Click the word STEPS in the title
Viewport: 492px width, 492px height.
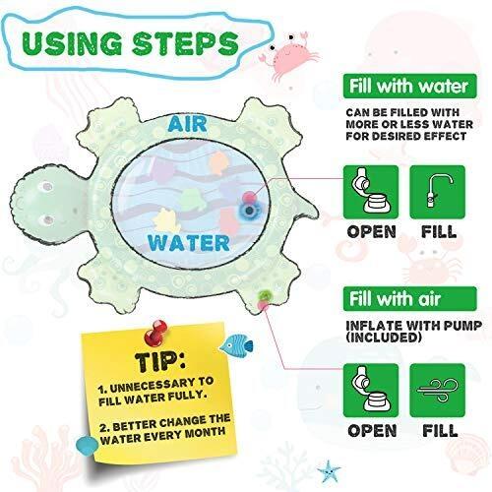click(x=185, y=43)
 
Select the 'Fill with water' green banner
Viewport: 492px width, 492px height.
click(x=409, y=86)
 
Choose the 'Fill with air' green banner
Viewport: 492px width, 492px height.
click(x=409, y=298)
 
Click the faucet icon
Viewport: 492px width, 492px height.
click(x=438, y=192)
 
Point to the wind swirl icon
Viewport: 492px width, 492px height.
click(x=438, y=391)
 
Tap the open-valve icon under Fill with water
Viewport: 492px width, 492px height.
click(x=371, y=192)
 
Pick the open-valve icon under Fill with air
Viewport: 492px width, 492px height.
click(x=371, y=391)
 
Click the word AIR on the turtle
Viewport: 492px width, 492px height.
click(x=187, y=124)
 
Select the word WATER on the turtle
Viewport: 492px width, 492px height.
click(x=189, y=243)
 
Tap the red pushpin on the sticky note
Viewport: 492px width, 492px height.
click(x=155, y=333)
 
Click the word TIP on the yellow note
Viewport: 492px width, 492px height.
click(x=159, y=361)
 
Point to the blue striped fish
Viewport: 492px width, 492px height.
click(x=237, y=345)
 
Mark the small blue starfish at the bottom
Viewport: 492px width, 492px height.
click(x=329, y=471)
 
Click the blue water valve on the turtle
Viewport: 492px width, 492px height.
click(x=250, y=211)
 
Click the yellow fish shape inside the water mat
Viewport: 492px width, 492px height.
click(x=166, y=220)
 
